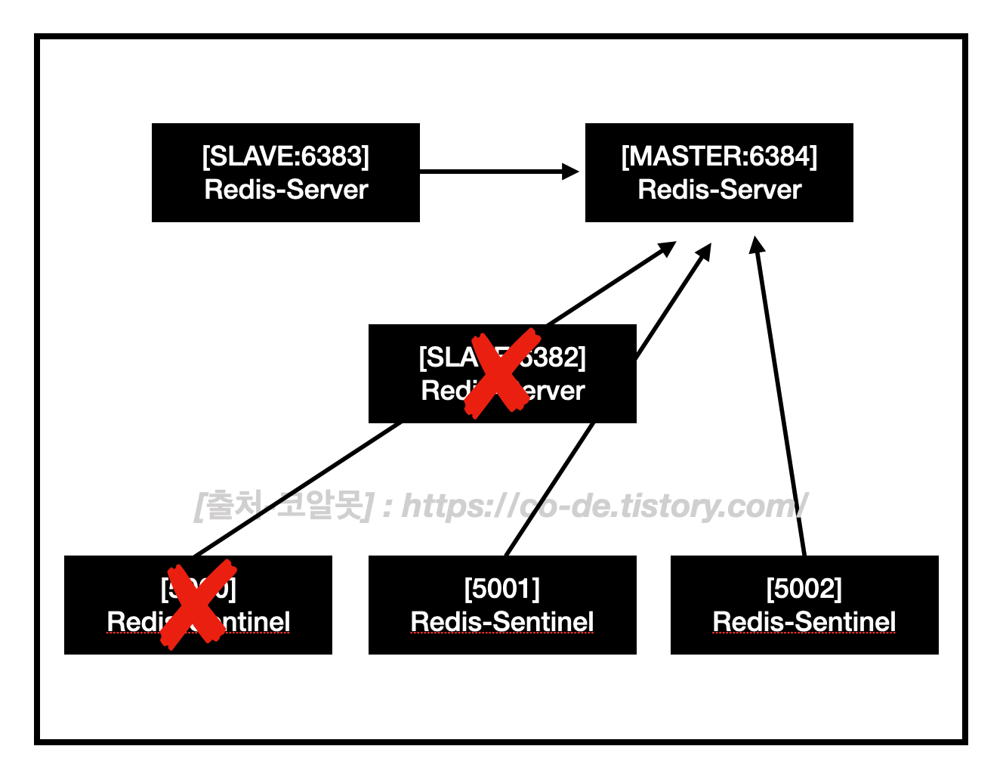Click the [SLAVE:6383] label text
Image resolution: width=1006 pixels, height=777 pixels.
click(285, 156)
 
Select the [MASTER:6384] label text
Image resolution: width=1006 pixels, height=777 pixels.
click(719, 156)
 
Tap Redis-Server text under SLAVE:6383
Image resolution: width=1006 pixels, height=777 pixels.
click(285, 190)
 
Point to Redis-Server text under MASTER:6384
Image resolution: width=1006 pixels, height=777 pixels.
click(719, 190)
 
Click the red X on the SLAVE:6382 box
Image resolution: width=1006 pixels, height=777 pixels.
click(501, 372)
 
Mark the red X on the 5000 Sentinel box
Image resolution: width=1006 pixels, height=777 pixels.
click(198, 605)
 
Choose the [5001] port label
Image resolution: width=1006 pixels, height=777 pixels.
click(502, 588)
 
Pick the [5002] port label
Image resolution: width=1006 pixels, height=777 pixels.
click(804, 588)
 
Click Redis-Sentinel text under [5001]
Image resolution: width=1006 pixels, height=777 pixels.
click(502, 622)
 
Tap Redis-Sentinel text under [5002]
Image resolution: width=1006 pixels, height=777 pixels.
click(804, 622)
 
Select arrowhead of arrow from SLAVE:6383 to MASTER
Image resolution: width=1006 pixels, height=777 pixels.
click(571, 172)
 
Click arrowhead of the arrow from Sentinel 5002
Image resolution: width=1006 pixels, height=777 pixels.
click(756, 244)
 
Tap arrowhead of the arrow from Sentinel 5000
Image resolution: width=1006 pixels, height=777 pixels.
click(668, 247)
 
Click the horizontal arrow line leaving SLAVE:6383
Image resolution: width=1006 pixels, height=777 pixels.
click(491, 172)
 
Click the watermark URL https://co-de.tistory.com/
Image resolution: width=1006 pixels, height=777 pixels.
click(604, 506)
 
